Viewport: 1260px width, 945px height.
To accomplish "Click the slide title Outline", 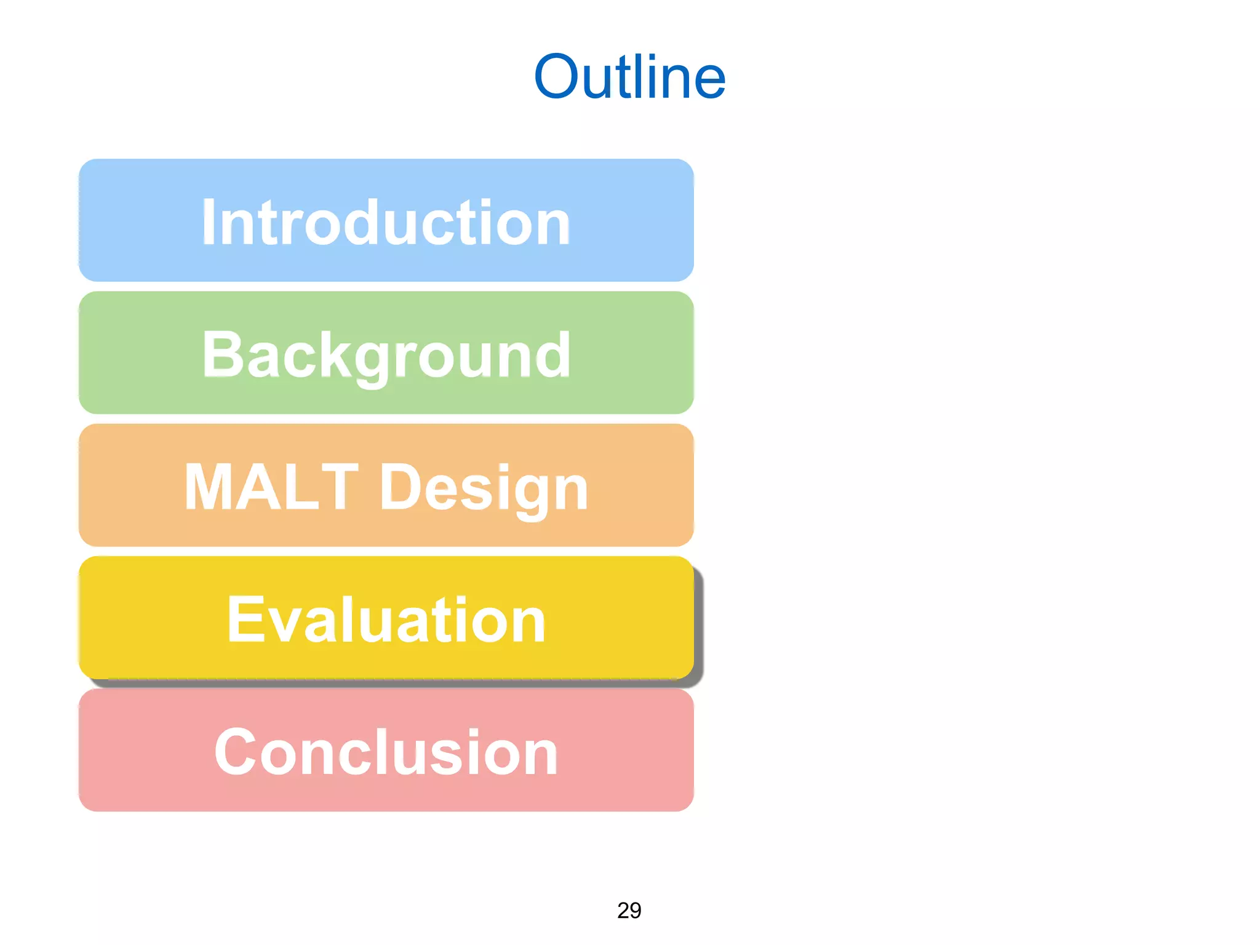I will click(x=629, y=77).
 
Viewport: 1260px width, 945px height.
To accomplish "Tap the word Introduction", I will click(x=386, y=223).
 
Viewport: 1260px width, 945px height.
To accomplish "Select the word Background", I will click(x=386, y=355).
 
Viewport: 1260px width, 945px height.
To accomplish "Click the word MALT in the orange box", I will click(x=271, y=487).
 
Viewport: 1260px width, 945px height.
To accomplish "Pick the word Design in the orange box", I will click(x=484, y=487).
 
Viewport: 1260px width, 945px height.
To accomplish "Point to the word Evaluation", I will click(x=386, y=620).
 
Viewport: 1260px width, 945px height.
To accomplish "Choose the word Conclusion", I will click(x=386, y=752).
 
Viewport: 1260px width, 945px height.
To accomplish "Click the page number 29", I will click(x=629, y=911).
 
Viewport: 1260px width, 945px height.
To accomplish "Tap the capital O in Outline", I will click(x=557, y=77).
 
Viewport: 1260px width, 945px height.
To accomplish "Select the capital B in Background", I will click(x=222, y=355).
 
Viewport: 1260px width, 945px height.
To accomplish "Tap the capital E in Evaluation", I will click(x=245, y=620).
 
